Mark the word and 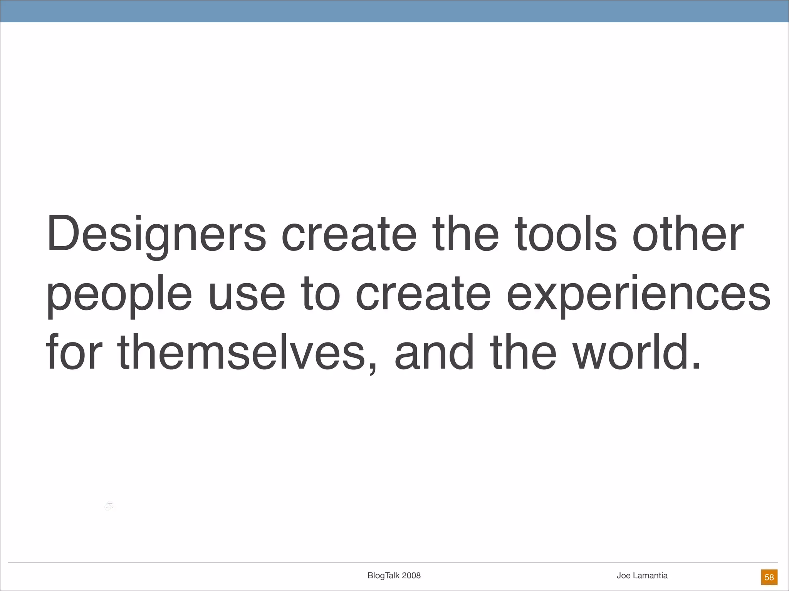click(x=434, y=352)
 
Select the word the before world click(x=523, y=352)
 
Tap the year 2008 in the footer click(x=411, y=576)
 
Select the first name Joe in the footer click(x=624, y=576)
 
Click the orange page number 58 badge click(x=769, y=577)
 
